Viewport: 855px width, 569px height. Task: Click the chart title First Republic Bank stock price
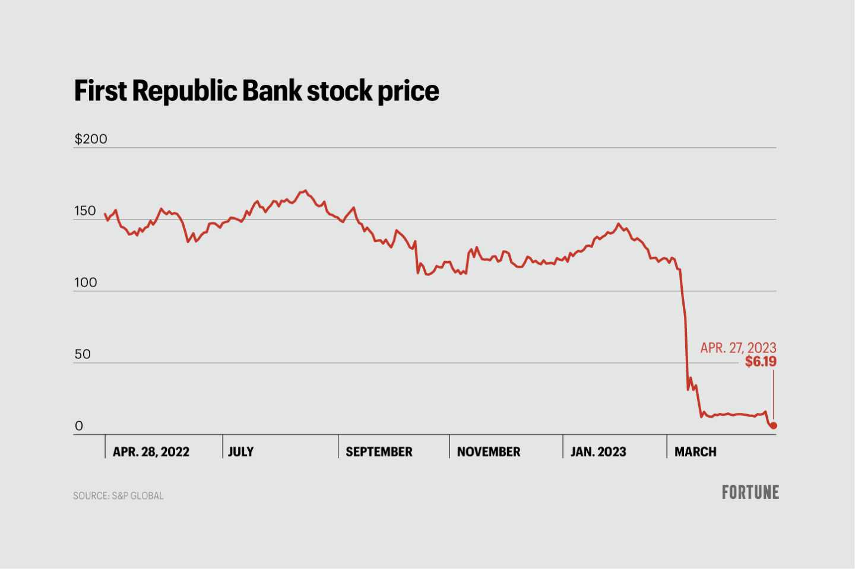point(256,91)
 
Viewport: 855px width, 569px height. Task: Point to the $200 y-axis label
point(91,139)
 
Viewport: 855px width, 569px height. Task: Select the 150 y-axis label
point(85,211)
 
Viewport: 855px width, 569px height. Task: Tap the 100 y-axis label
point(85,282)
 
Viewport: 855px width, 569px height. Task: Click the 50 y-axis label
point(83,354)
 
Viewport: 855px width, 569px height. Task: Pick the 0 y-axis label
point(78,426)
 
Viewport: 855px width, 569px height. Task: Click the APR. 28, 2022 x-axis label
point(151,452)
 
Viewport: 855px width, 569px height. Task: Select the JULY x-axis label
point(241,452)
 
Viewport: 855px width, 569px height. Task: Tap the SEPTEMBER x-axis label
point(379,452)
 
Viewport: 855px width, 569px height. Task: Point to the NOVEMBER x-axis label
point(489,452)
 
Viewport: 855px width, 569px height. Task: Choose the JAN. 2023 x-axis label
point(598,452)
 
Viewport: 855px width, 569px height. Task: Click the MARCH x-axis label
point(695,452)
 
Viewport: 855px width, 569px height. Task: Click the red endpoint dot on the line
point(773,425)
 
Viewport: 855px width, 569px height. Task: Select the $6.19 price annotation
point(761,362)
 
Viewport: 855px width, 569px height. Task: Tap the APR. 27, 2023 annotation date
point(738,348)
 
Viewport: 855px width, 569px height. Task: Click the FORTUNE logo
point(750,492)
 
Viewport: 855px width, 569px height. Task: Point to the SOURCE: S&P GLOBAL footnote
point(118,496)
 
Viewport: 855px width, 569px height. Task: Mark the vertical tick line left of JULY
point(223,446)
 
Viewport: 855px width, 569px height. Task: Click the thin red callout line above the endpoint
point(773,395)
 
